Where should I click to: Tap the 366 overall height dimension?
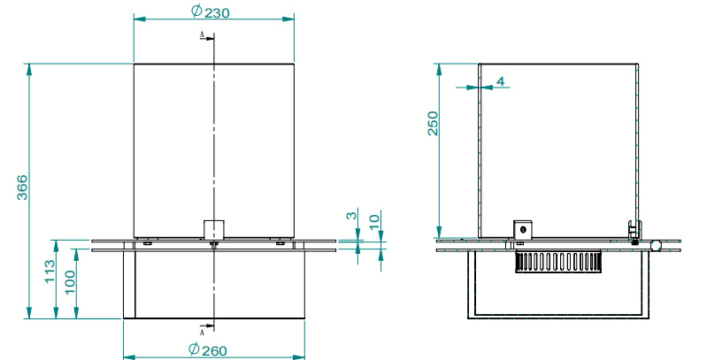[x=22, y=189]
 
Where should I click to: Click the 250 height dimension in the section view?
[x=433, y=123]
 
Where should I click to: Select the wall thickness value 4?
[x=500, y=81]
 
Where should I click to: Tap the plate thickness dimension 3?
[x=350, y=216]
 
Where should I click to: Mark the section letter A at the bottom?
[x=203, y=333]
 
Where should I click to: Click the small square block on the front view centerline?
[x=213, y=229]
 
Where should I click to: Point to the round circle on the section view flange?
[x=657, y=244]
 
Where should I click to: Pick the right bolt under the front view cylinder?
[x=280, y=241]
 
